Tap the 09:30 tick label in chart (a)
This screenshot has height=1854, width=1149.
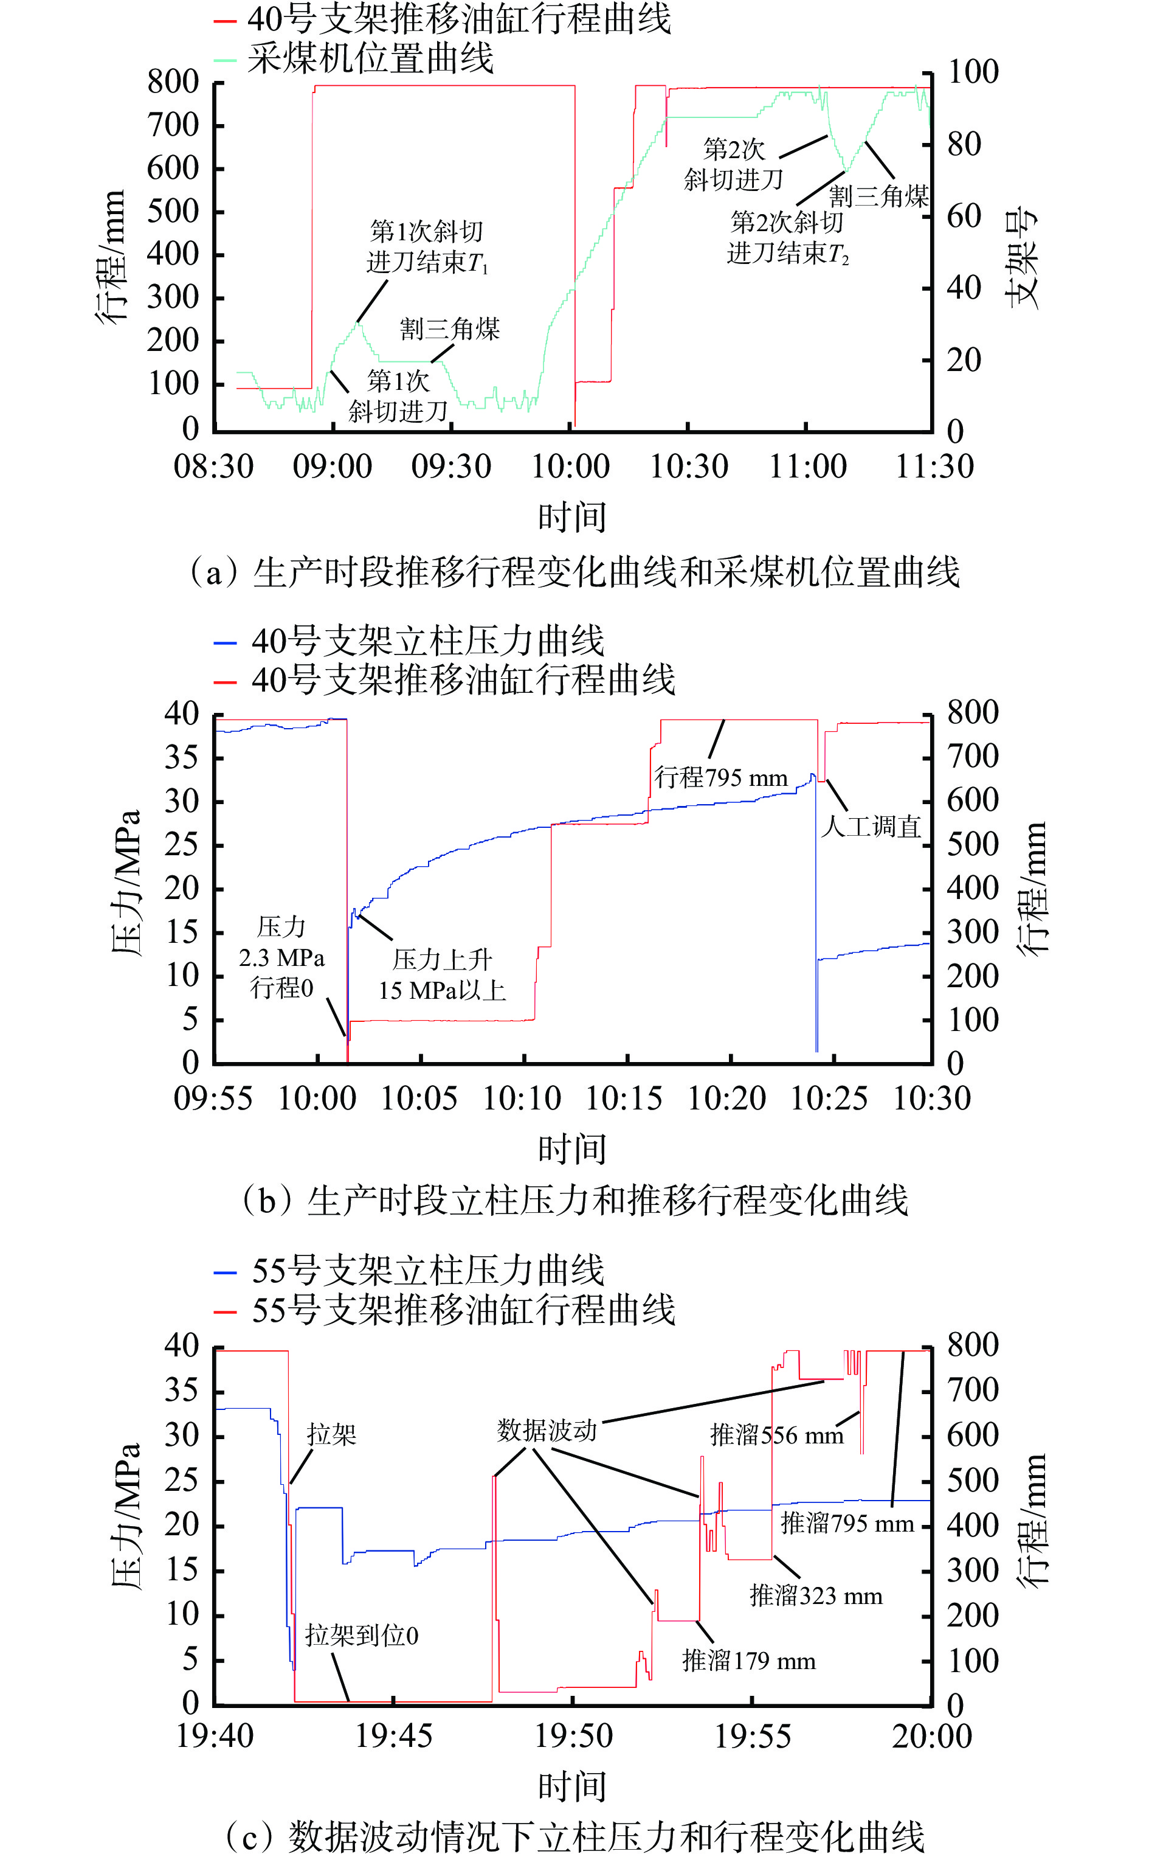(451, 466)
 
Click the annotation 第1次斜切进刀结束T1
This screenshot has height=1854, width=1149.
(426, 247)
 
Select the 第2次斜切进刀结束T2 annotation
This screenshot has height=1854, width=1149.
(787, 237)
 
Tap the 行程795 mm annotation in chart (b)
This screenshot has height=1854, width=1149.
(720, 777)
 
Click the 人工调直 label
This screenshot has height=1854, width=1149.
(871, 826)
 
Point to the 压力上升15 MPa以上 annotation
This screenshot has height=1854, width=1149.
(443, 974)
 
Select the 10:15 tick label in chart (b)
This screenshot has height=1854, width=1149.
(624, 1099)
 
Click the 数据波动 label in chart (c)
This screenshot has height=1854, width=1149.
(547, 1430)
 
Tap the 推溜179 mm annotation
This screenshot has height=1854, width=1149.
(748, 1660)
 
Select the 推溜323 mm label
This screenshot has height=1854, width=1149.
(816, 1595)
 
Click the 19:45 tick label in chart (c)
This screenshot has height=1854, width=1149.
(394, 1738)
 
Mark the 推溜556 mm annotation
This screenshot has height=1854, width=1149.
(777, 1435)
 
